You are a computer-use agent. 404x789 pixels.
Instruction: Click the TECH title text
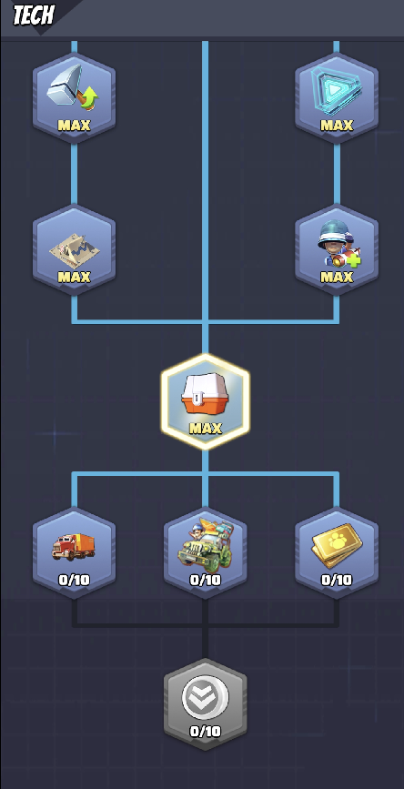tap(33, 15)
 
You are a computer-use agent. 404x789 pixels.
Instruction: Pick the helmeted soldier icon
tap(338, 245)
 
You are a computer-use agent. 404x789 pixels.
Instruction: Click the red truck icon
tap(74, 547)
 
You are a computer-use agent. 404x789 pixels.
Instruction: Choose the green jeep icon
tap(206, 545)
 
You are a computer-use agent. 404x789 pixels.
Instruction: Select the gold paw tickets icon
tap(336, 545)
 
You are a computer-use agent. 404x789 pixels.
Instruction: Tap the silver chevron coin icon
tap(206, 697)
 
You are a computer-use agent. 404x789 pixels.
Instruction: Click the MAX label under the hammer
tap(74, 125)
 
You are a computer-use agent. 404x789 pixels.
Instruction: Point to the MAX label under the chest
tap(206, 429)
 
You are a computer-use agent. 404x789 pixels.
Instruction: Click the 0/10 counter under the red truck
tap(74, 580)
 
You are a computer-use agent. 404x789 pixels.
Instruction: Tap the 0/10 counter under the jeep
tap(206, 580)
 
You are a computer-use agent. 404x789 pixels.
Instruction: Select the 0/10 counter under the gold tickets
tap(337, 580)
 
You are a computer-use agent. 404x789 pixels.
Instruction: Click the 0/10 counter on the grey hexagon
tap(206, 731)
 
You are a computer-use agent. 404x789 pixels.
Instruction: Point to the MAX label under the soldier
tap(337, 277)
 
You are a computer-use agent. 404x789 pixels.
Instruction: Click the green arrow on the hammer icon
tap(88, 96)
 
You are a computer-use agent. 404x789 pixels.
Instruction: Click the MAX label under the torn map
tap(74, 277)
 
